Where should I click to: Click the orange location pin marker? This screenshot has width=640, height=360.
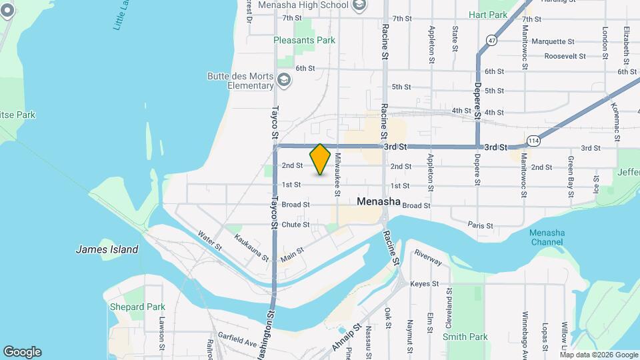(x=321, y=159)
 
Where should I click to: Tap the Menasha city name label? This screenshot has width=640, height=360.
(x=378, y=201)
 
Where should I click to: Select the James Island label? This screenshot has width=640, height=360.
(x=107, y=249)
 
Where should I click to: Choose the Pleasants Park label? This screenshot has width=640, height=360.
(x=305, y=40)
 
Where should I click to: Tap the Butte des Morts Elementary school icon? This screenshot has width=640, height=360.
(x=285, y=80)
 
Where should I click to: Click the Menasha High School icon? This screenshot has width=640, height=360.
(x=360, y=5)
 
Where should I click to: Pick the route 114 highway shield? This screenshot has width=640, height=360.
(x=533, y=141)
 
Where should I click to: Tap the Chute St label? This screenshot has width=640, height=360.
(x=295, y=225)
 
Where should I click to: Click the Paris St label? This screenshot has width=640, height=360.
(x=480, y=226)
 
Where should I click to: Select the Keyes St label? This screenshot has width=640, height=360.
(x=424, y=283)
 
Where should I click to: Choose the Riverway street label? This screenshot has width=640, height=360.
(x=428, y=258)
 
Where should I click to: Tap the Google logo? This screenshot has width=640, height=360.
(x=22, y=352)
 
